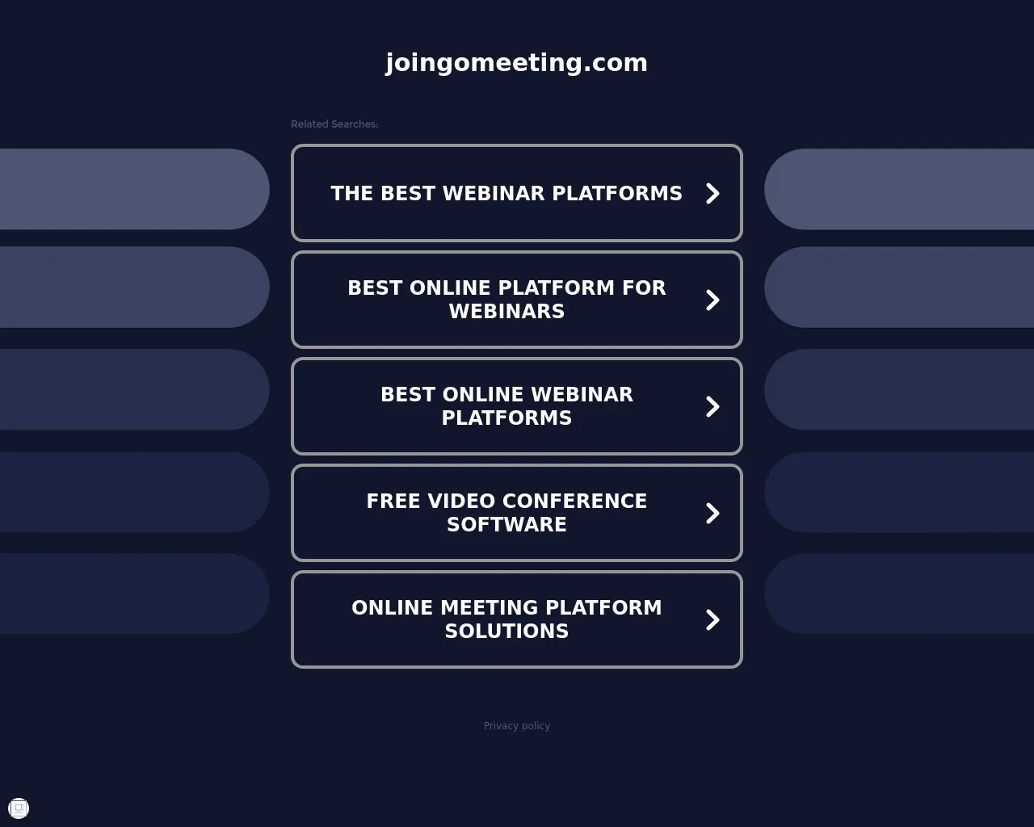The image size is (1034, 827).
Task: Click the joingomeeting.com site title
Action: [x=516, y=63]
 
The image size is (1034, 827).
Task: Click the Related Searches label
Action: [x=334, y=124]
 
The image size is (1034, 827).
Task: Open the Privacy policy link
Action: [x=516, y=725]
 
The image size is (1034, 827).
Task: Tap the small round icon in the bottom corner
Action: [x=19, y=808]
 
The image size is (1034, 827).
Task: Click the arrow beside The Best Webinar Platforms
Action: [x=712, y=193]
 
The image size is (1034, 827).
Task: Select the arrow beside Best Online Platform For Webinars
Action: [x=712, y=300]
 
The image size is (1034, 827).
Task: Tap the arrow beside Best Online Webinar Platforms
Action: [x=712, y=406]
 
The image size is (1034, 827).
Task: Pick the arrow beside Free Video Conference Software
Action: [x=712, y=513]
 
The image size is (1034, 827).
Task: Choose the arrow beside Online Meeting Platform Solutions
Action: [x=712, y=620]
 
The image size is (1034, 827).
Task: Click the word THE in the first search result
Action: [x=352, y=193]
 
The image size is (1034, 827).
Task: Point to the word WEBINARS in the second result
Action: [x=507, y=312]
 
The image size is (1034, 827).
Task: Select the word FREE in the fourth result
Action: [x=393, y=502]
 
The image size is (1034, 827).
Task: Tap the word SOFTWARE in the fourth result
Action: [x=507, y=525]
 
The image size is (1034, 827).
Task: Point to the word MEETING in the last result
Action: [x=490, y=608]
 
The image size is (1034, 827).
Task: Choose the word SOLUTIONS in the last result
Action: [x=507, y=632]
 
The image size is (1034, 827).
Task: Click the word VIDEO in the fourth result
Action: [x=462, y=502]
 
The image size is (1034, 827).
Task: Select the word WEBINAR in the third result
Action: [x=582, y=394]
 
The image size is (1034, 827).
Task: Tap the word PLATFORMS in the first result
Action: [x=617, y=193]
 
